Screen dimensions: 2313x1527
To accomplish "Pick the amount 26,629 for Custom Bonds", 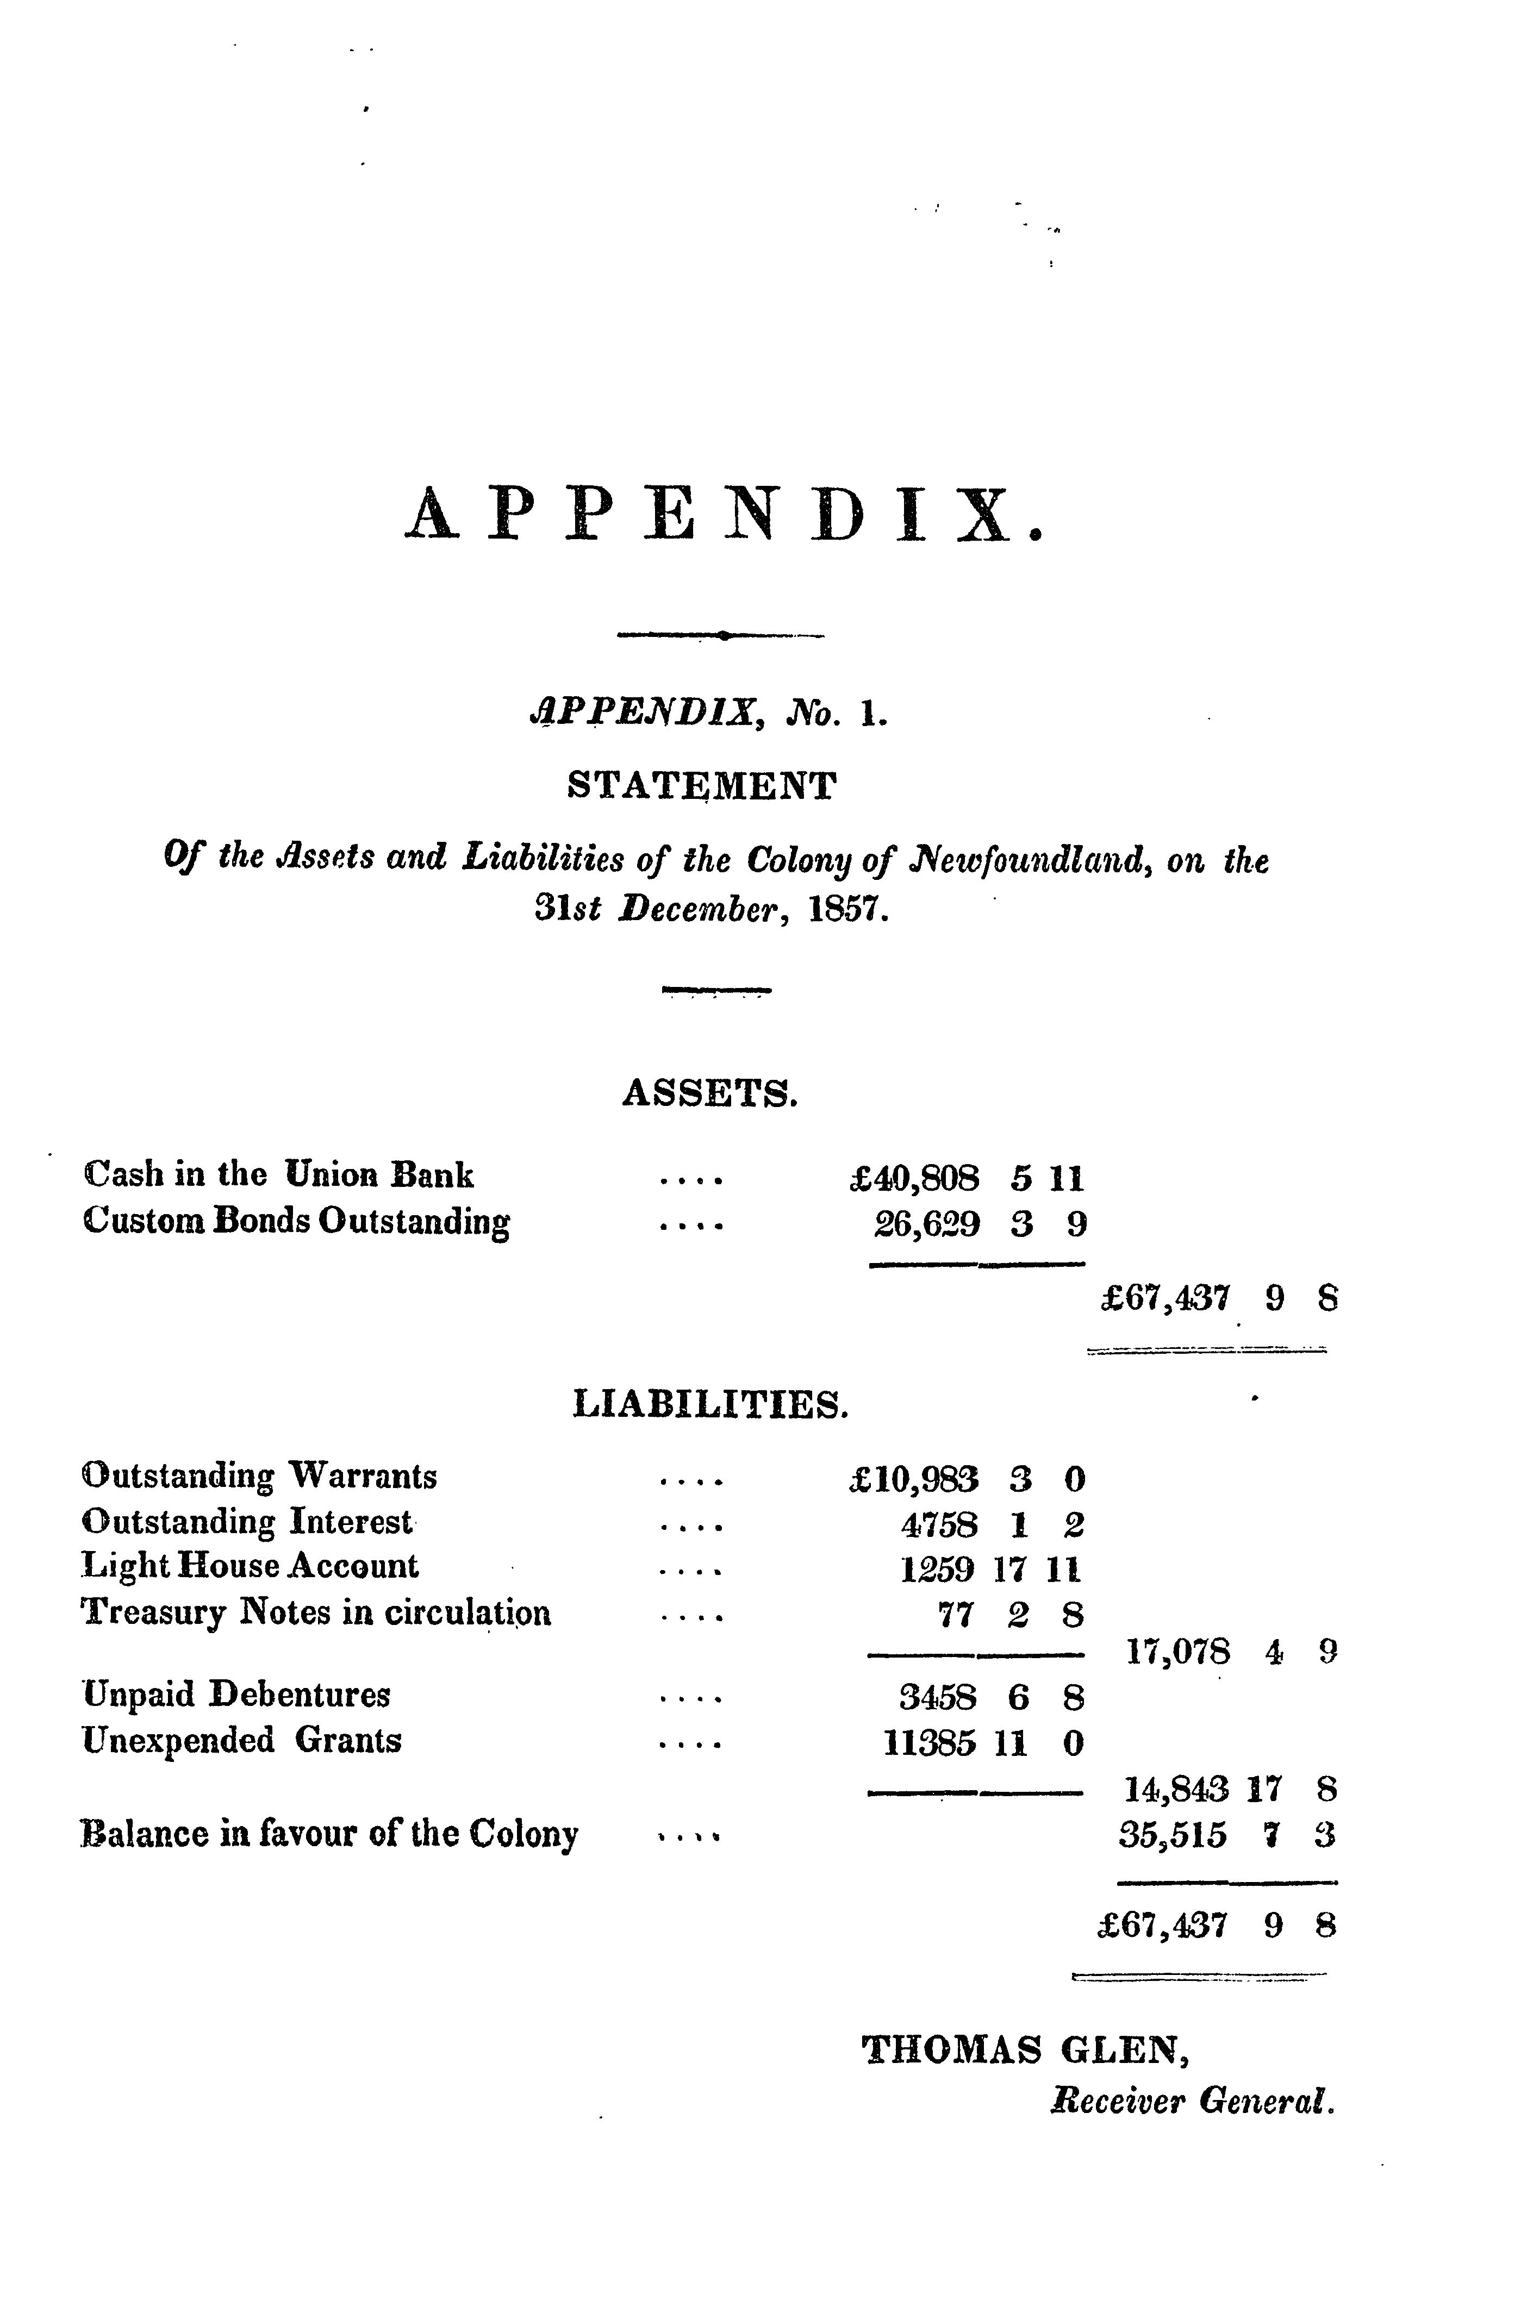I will (927, 1223).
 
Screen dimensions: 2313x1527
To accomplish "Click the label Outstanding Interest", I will (248, 1522).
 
